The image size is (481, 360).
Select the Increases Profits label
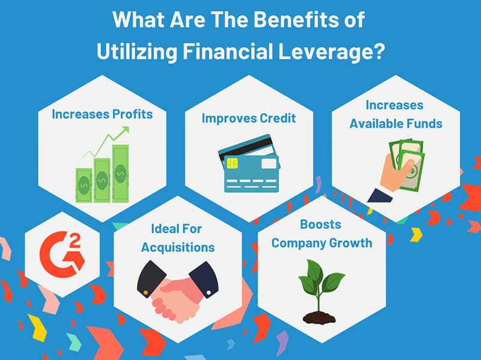pyautogui.click(x=102, y=114)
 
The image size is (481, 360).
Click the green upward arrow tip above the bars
pyautogui.click(x=126, y=129)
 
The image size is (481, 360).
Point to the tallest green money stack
pyautogui.click(x=120, y=174)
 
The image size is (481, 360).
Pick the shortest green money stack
pyautogui.click(x=84, y=185)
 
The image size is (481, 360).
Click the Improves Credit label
pyautogui.click(x=249, y=118)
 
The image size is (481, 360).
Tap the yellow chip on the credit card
pyautogui.click(x=232, y=163)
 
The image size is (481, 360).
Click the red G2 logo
pyautogui.click(x=63, y=254)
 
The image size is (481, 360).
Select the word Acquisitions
pyautogui.click(x=178, y=248)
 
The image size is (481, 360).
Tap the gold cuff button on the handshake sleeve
pyautogui.click(x=146, y=293)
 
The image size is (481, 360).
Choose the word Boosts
pyautogui.click(x=320, y=224)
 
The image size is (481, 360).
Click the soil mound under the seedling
pyautogui.click(x=319, y=318)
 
